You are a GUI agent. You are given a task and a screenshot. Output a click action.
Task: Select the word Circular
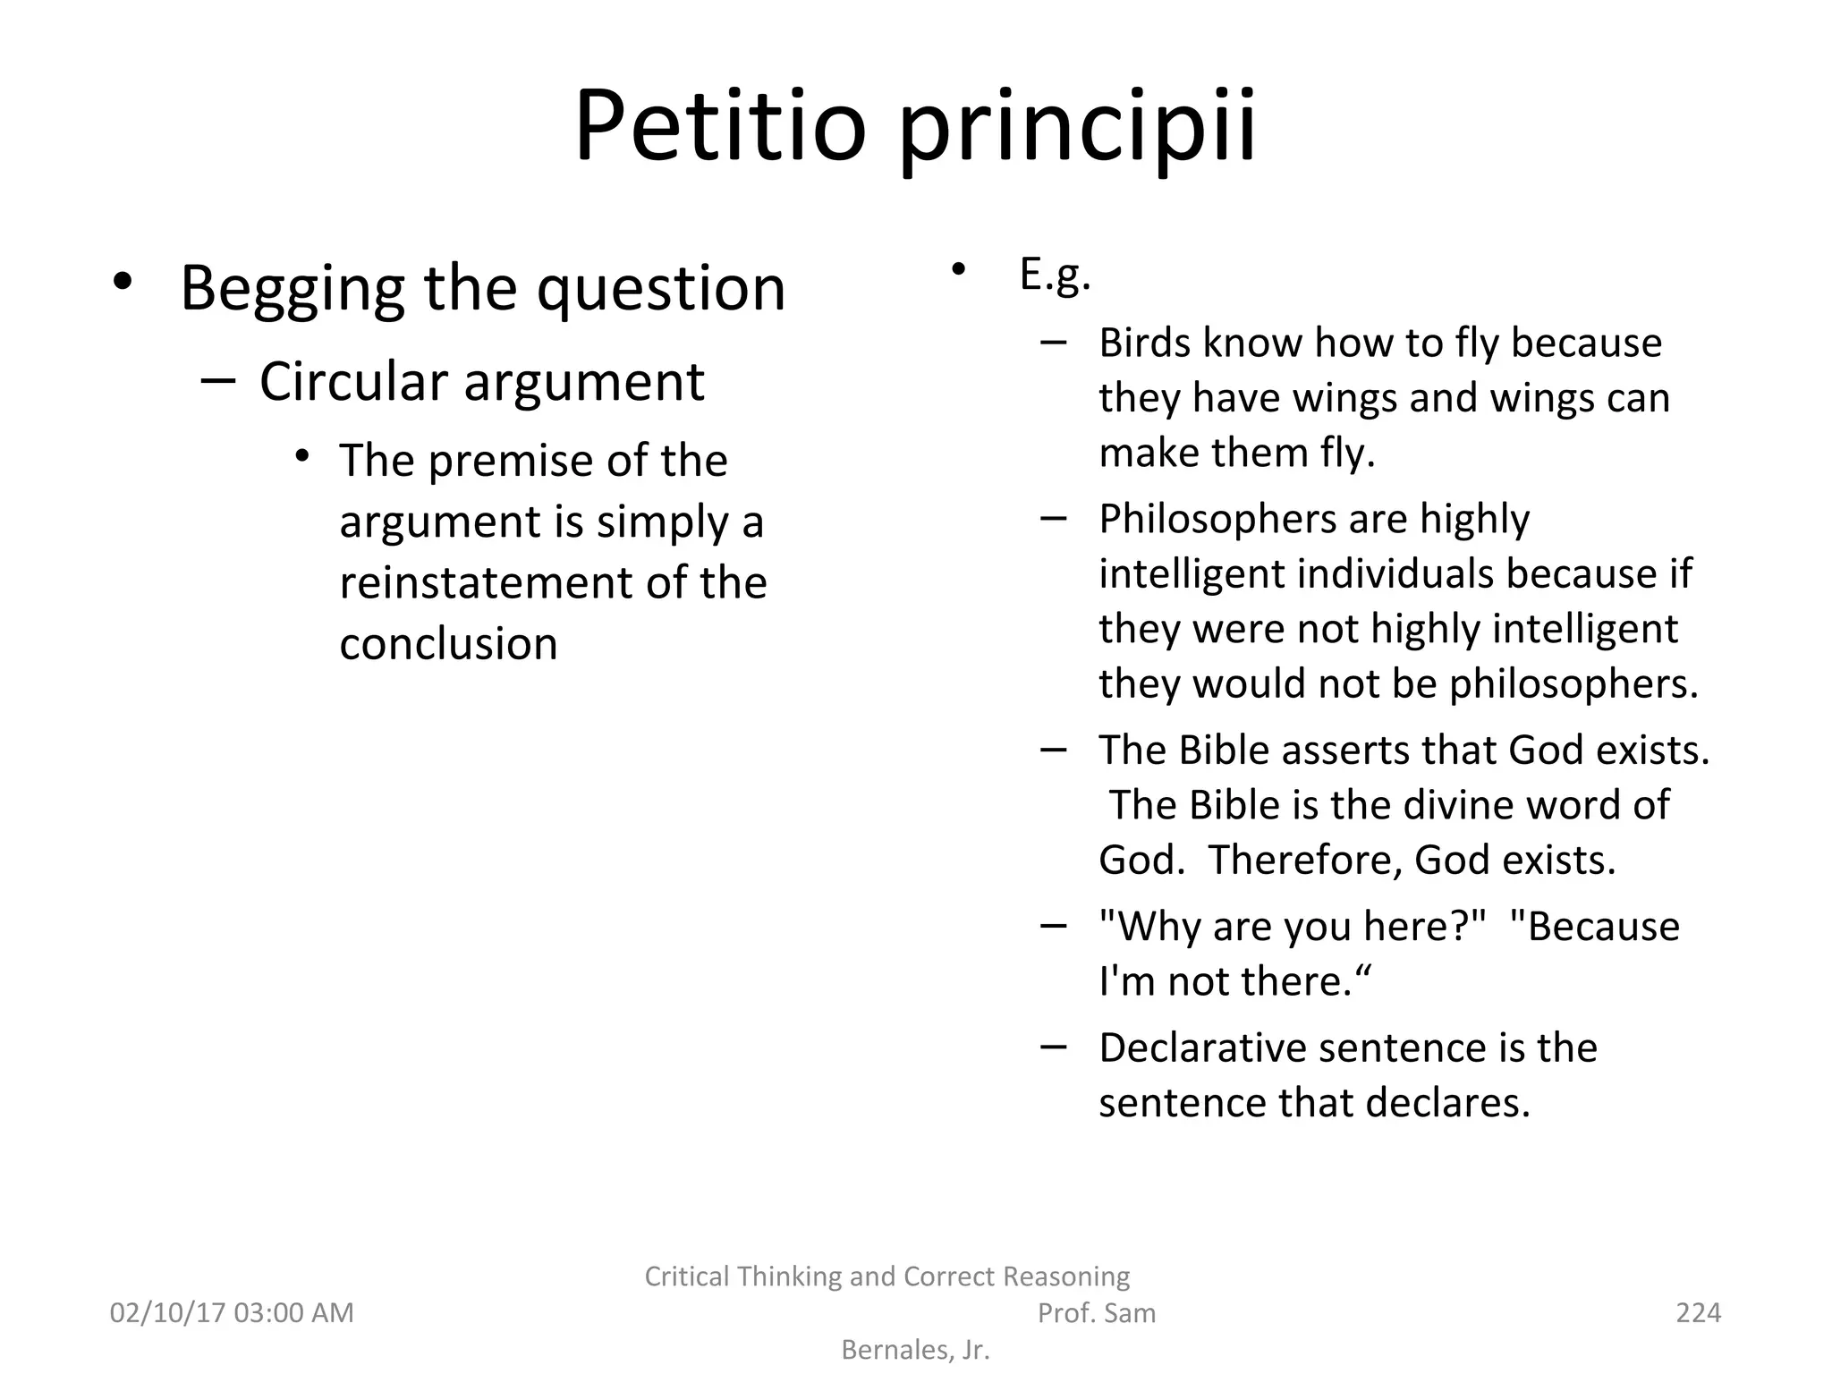(x=353, y=382)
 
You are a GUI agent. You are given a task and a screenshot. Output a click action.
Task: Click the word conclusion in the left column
(x=448, y=643)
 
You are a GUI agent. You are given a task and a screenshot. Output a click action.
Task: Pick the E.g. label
(x=1055, y=275)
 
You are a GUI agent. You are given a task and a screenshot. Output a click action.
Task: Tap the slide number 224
(x=1698, y=1312)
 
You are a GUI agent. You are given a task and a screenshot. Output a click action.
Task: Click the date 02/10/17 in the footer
(x=166, y=1312)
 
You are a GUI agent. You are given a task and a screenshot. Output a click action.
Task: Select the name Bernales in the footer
(x=895, y=1349)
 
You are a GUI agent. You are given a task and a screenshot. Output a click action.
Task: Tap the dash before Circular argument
(x=218, y=380)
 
